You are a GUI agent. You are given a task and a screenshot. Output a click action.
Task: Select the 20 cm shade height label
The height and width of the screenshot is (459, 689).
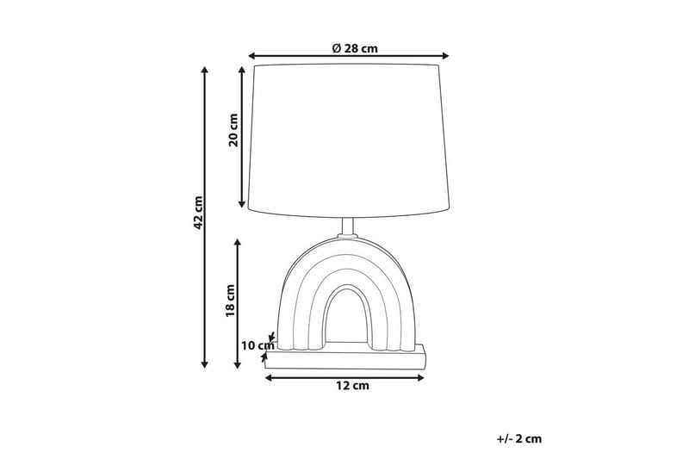pos(233,132)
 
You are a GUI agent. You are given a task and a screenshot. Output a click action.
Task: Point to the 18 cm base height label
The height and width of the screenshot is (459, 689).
pos(231,301)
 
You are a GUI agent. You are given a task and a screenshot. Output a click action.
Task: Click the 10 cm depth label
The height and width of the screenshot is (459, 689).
pos(256,346)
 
